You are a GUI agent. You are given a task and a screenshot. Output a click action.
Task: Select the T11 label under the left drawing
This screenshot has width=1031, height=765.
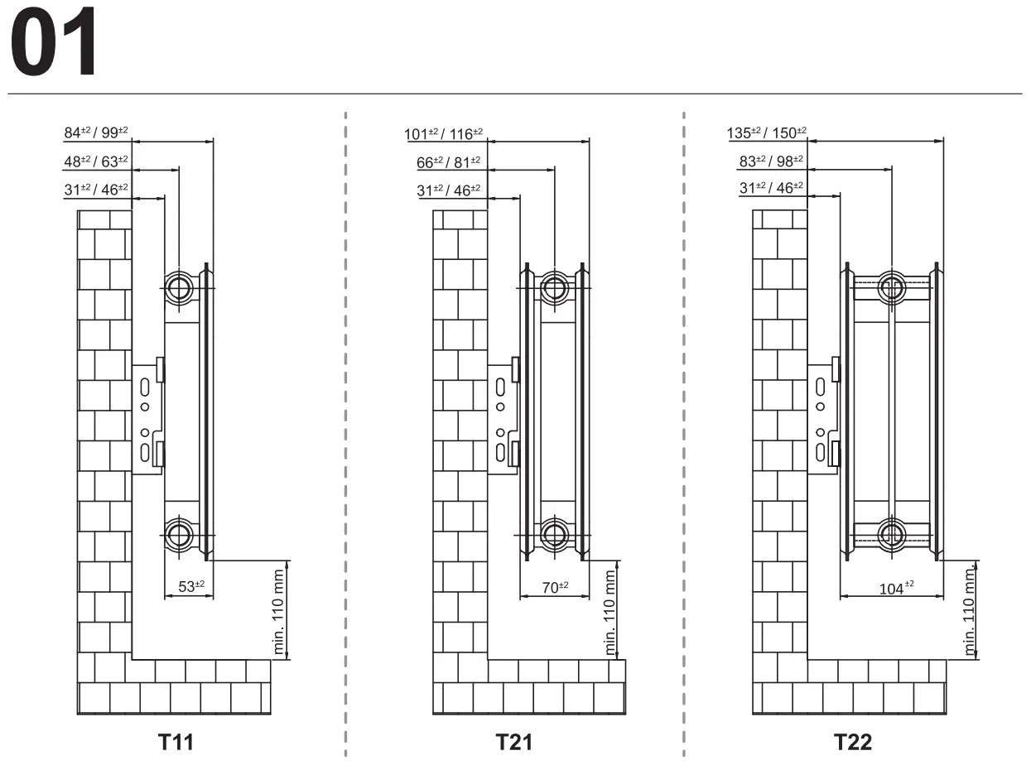pos(176,742)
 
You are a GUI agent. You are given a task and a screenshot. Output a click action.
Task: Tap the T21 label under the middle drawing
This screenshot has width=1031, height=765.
pos(513,742)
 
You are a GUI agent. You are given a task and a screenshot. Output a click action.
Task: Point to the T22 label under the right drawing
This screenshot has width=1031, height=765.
pos(852,742)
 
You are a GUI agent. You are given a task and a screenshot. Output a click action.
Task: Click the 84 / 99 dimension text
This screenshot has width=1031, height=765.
pos(96,132)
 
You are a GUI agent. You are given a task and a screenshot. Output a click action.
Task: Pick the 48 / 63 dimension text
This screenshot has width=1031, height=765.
pos(96,161)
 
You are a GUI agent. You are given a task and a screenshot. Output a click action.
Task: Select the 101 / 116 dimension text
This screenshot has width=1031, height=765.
pos(443,134)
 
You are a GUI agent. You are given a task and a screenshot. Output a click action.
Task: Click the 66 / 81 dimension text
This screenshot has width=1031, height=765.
pos(448,162)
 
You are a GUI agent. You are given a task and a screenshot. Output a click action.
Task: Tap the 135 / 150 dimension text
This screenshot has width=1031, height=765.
pos(767,133)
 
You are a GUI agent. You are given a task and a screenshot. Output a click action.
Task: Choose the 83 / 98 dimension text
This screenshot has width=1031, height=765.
pos(771,161)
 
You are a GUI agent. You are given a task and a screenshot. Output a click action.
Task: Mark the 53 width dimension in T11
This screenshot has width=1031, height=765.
pos(191,586)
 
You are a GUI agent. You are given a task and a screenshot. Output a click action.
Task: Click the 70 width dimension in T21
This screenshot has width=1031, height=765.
pos(555,588)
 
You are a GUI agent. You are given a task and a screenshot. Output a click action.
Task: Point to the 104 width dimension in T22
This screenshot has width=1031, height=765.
pos(896,589)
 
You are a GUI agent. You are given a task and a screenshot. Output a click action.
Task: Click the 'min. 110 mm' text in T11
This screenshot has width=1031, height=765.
pos(278,612)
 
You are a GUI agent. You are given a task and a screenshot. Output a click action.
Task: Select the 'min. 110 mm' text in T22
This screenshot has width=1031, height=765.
pos(969,611)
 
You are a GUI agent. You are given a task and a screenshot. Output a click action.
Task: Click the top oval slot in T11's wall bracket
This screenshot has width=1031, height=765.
pos(145,387)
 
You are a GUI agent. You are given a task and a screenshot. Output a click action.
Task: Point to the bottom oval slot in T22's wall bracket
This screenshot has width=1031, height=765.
pos(821,452)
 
